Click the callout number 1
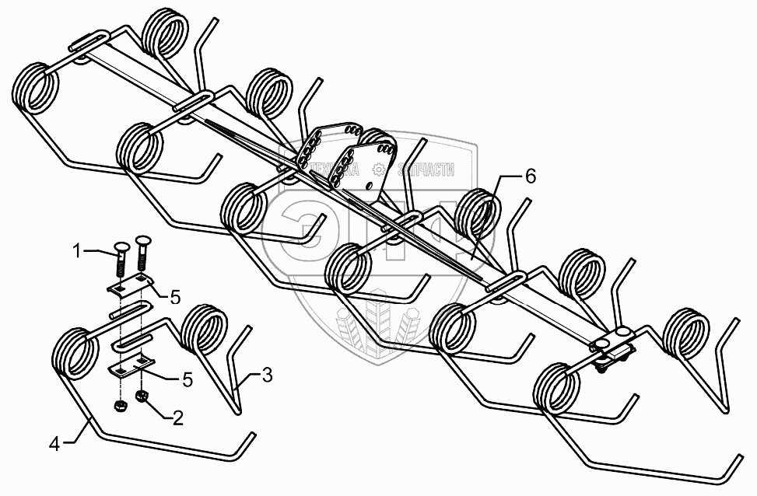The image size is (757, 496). coord(77,250)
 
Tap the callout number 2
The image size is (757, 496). coord(178,418)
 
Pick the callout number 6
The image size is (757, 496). coord(530,176)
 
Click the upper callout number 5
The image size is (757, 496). coord(176,296)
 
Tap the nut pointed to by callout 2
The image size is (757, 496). coord(142,398)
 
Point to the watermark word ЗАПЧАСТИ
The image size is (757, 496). coord(426,169)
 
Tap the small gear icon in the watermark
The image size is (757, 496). coord(380,169)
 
